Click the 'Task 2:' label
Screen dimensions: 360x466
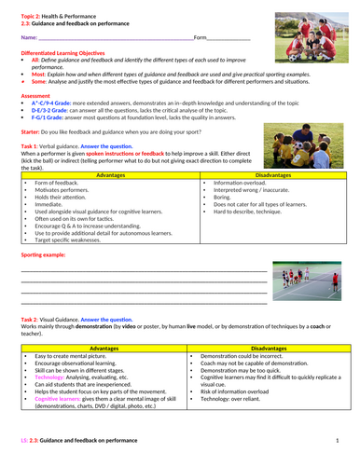click(x=33, y=319)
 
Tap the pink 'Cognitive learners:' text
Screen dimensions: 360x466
click(x=63, y=397)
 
